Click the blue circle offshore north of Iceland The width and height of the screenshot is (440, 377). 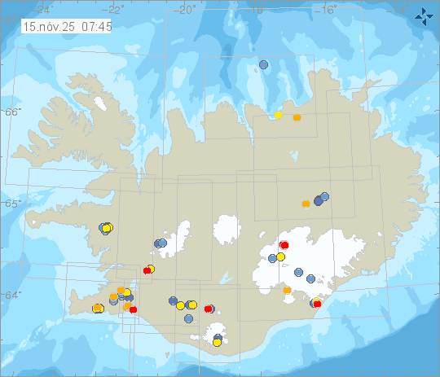tap(263, 64)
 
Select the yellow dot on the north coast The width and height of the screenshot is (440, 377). tap(279, 115)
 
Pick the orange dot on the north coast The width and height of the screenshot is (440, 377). tap(297, 117)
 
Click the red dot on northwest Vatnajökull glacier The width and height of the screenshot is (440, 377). tap(284, 245)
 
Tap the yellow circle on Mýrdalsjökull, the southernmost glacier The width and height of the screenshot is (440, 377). tap(218, 343)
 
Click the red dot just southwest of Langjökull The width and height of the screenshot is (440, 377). tap(147, 270)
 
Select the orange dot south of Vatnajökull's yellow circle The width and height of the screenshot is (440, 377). tap(287, 290)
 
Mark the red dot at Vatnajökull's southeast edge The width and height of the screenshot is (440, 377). tap(317, 304)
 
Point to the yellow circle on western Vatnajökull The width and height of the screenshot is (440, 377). tap(280, 256)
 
